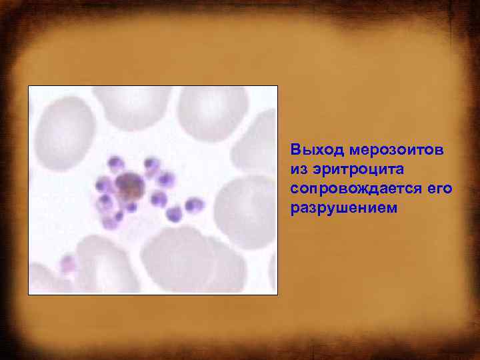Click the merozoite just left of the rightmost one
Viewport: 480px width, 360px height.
(x=175, y=213)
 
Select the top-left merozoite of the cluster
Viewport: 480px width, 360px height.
(x=116, y=162)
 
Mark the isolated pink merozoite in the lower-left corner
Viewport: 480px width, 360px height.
(x=68, y=264)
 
